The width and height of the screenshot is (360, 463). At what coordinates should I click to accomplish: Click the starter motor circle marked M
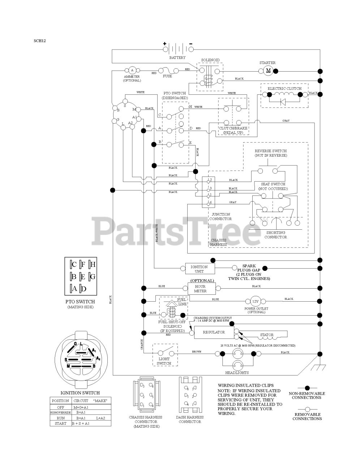[268, 71]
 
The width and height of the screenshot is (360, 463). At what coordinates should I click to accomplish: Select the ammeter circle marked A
[132, 70]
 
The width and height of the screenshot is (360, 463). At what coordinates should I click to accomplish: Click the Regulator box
[214, 332]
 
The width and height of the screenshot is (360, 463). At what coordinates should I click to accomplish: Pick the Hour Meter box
[200, 289]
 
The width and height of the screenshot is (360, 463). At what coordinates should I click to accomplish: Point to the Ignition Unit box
[199, 269]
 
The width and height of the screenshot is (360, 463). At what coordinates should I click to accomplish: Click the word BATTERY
[177, 58]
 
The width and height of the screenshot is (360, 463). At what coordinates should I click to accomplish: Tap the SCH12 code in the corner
[40, 41]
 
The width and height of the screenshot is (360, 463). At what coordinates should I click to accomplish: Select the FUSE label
[167, 76]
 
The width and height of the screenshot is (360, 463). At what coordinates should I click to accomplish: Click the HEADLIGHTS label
[237, 373]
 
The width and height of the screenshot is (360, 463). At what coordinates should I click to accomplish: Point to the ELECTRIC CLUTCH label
[284, 89]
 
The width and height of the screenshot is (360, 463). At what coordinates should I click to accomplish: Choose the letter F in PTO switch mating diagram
[83, 264]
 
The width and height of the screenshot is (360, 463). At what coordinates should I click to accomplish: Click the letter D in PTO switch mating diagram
[83, 289]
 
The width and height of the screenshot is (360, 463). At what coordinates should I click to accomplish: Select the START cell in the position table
[60, 423]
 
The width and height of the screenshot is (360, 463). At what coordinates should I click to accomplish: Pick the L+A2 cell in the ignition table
[100, 418]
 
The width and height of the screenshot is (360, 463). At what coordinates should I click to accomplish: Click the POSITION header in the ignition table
[60, 401]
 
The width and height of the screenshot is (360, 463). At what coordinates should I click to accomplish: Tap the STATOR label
[267, 335]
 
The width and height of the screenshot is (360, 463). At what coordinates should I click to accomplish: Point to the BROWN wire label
[197, 352]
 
